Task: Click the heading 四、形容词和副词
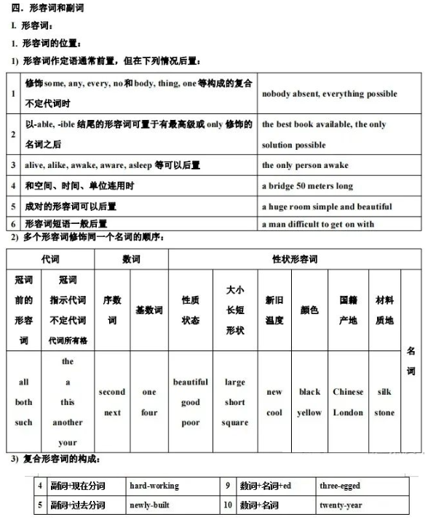44,8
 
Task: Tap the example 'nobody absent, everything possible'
329,94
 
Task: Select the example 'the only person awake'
305,165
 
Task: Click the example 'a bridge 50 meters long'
306,186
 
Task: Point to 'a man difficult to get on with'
317,225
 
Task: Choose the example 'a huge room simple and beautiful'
326,206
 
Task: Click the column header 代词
50,260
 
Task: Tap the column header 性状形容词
294,260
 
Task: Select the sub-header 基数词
149,310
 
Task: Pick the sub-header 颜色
309,310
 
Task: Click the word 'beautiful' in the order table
191,382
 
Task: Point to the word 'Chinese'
348,392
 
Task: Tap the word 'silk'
384,392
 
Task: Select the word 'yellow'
309,413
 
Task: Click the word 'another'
68,422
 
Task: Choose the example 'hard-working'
154,486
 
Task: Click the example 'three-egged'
340,486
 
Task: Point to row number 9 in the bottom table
228,486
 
